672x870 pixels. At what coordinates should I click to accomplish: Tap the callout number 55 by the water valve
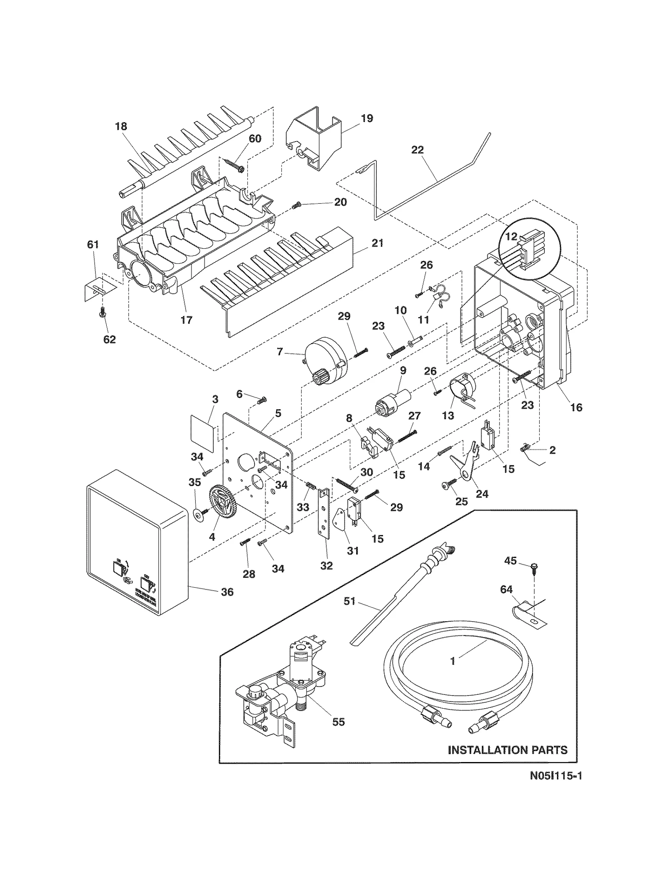click(x=338, y=722)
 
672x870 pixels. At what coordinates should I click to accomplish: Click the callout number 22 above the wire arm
click(x=417, y=150)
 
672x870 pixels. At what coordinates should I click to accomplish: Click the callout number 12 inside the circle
click(x=511, y=237)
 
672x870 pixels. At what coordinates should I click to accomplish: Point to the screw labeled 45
click(x=533, y=568)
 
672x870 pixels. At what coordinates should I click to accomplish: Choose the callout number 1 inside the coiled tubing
click(x=452, y=661)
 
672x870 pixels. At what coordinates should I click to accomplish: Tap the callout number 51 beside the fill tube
click(x=349, y=601)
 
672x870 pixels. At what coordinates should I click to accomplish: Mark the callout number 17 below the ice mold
click(x=186, y=320)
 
